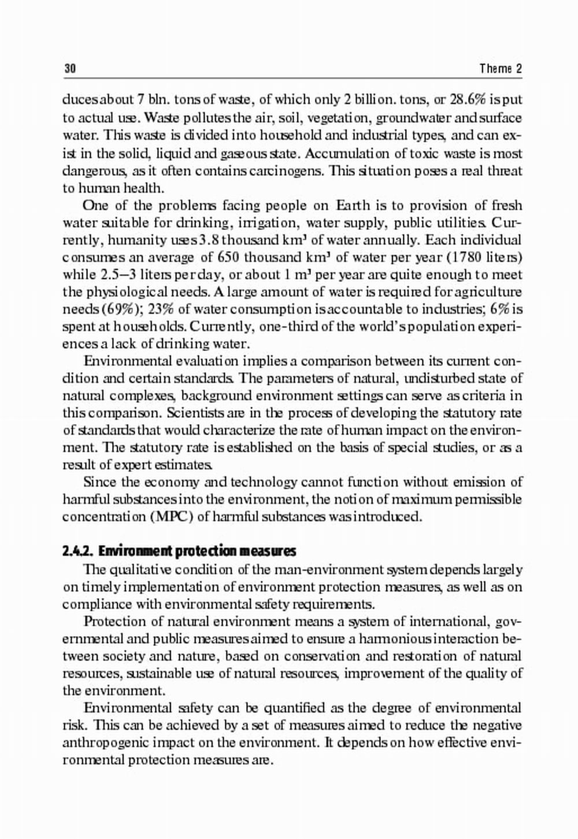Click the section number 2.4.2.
(79, 551)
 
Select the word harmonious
(390, 638)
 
